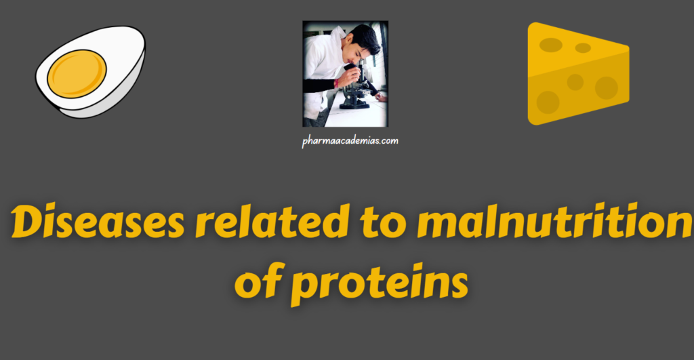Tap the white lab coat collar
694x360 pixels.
(337, 51)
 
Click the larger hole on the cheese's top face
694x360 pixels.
(550, 45)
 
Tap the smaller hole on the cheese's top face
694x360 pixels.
(583, 48)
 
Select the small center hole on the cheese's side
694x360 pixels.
(575, 82)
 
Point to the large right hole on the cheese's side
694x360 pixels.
(606, 87)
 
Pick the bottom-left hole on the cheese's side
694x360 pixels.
(548, 102)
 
